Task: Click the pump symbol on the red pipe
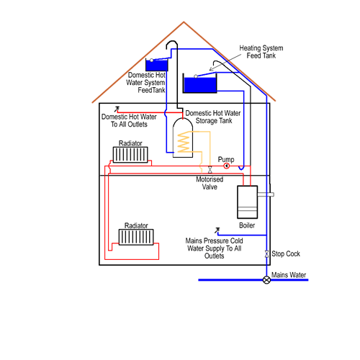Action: [x=226, y=166]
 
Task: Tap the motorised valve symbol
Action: [x=210, y=170]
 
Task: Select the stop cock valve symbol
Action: [x=266, y=254]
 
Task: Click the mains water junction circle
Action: [x=266, y=280]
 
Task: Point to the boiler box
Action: [x=248, y=202]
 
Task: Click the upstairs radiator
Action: [x=130, y=155]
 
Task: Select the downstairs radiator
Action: [x=136, y=237]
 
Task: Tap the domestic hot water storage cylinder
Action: [x=183, y=138]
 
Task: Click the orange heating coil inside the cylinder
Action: [x=184, y=142]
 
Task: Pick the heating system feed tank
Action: [x=200, y=83]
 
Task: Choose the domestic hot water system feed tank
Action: [x=157, y=65]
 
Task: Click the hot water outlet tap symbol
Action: [x=117, y=109]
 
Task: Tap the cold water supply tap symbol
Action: [x=217, y=230]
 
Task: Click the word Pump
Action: [x=226, y=159]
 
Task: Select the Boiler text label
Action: [x=247, y=225]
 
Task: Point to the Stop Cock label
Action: [x=286, y=253]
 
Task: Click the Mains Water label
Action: [x=289, y=275]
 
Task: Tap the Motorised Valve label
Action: [x=210, y=183]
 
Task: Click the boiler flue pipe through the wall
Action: [x=266, y=194]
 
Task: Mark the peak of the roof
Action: [x=184, y=22]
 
